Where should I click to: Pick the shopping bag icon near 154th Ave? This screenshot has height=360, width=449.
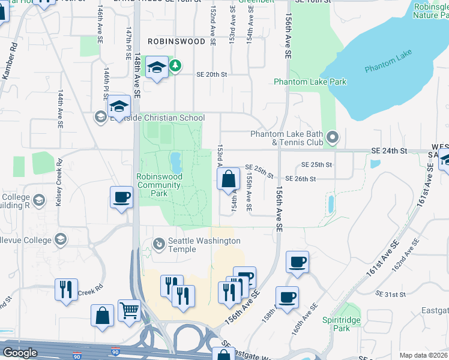(228, 179)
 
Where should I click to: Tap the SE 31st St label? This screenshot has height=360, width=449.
(390, 295)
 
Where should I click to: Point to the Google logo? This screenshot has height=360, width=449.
(19, 353)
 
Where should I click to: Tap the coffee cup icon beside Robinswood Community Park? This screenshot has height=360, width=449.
(121, 197)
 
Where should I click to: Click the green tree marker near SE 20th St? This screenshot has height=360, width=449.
(175, 65)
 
